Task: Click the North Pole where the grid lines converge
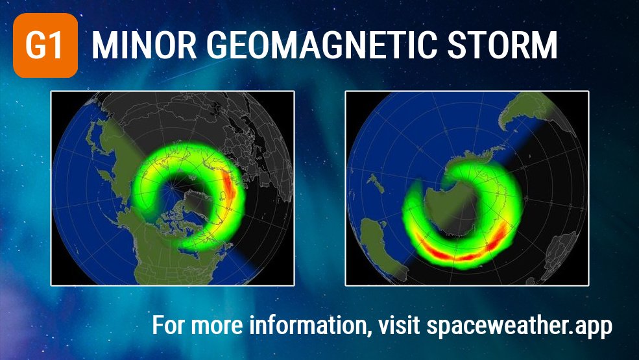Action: click(173, 187)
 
